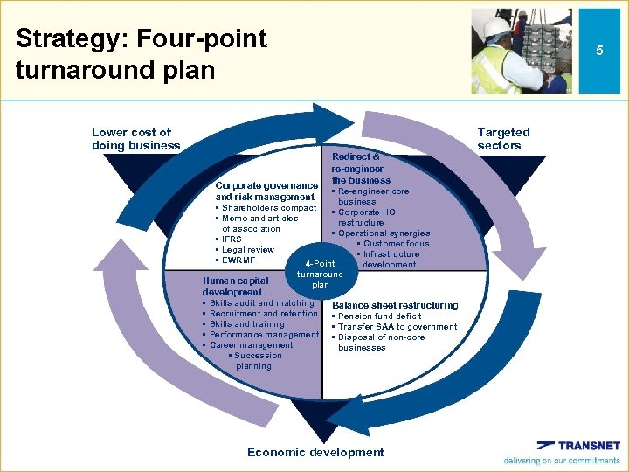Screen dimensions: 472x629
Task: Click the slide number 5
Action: click(x=599, y=51)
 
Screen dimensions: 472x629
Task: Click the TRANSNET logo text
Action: click(x=590, y=446)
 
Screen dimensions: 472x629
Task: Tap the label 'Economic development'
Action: click(x=315, y=452)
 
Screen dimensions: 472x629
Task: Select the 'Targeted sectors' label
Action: click(x=503, y=139)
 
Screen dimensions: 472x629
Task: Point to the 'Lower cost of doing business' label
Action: click(x=135, y=139)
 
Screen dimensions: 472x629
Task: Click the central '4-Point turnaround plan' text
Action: click(x=320, y=274)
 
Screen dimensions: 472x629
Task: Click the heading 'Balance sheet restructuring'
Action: click(x=395, y=305)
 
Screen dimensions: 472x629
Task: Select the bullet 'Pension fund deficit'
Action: click(x=379, y=316)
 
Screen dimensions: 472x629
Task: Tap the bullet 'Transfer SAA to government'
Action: click(x=397, y=327)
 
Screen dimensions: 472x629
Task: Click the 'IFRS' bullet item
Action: click(x=232, y=239)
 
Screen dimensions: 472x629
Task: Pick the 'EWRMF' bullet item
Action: click(x=238, y=260)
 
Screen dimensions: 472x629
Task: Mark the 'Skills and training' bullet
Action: click(x=246, y=324)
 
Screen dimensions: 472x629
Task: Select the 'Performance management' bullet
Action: click(x=264, y=335)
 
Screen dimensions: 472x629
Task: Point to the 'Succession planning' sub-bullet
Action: click(x=256, y=361)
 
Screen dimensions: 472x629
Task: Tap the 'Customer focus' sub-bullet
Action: click(x=395, y=244)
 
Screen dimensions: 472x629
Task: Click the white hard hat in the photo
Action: click(x=496, y=27)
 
